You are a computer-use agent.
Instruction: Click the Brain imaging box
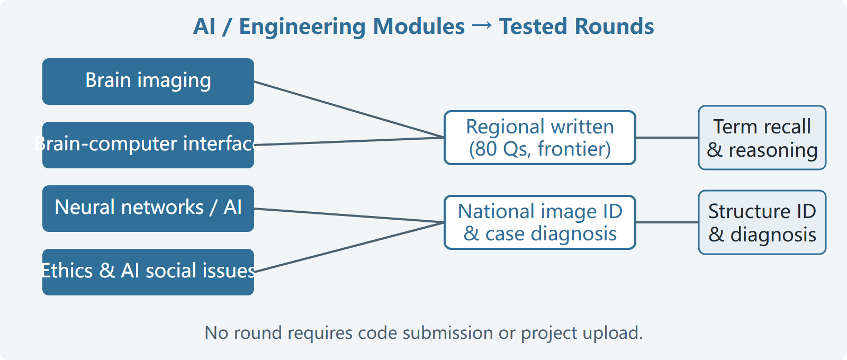(x=148, y=82)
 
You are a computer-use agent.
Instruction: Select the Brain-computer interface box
(x=148, y=145)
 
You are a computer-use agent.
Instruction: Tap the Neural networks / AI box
(x=148, y=209)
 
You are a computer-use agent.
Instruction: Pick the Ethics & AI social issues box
(x=148, y=272)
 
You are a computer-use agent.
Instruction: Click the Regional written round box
(x=539, y=138)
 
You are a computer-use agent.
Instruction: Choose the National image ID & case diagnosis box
(x=539, y=222)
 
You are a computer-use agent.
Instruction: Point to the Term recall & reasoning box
(x=762, y=138)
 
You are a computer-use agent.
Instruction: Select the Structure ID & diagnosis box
(x=762, y=222)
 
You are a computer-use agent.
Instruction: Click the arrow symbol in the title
(x=482, y=26)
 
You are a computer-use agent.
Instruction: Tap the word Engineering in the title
(x=302, y=27)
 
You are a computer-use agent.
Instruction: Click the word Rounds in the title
(x=615, y=26)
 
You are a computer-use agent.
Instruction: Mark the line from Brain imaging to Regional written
(x=349, y=109)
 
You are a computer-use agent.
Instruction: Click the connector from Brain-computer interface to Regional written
(x=349, y=141)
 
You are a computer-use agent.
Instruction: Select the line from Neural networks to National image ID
(x=349, y=215)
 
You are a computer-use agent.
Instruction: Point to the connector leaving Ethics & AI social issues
(x=349, y=247)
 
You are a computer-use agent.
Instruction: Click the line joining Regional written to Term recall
(x=667, y=138)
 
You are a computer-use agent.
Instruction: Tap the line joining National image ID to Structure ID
(x=667, y=222)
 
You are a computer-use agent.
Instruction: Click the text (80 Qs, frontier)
(x=539, y=149)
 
